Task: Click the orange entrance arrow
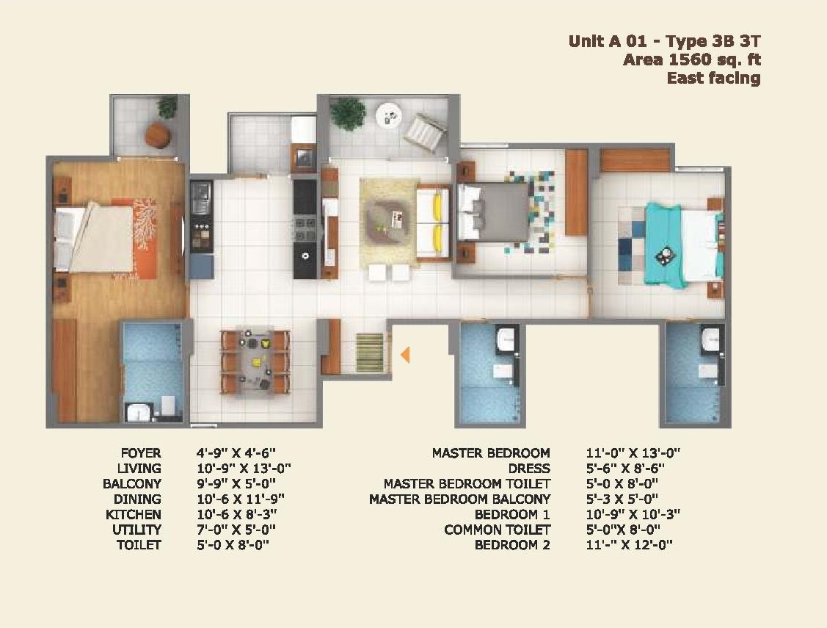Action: [405, 355]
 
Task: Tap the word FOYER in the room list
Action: [141, 453]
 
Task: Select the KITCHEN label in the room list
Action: [134, 515]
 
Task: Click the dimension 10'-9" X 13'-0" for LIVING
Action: [244, 469]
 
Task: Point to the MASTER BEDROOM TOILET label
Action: [467, 484]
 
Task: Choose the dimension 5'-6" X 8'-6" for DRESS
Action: [625, 469]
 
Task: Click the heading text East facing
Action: [713, 78]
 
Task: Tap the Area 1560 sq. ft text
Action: [692, 59]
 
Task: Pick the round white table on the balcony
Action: [389, 115]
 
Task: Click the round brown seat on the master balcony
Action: [158, 135]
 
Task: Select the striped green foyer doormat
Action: [370, 353]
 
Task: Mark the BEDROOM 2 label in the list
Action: [512, 545]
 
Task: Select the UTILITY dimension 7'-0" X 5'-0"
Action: [236, 530]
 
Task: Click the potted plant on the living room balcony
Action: [348, 113]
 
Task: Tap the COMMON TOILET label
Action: [497, 530]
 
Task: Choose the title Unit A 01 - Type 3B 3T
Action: [665, 41]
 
